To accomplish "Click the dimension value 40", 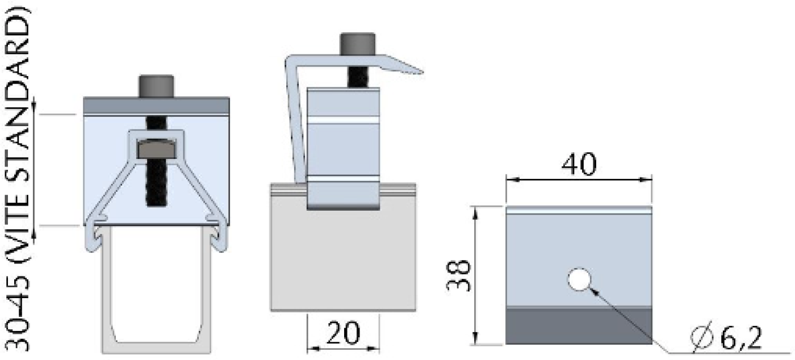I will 579,165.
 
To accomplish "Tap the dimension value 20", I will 342,334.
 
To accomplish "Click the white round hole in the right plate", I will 579,280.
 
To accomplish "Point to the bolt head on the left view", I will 156,86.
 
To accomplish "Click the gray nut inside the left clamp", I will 156,149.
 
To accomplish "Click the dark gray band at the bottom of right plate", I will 579,326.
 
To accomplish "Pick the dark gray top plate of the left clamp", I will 156,105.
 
